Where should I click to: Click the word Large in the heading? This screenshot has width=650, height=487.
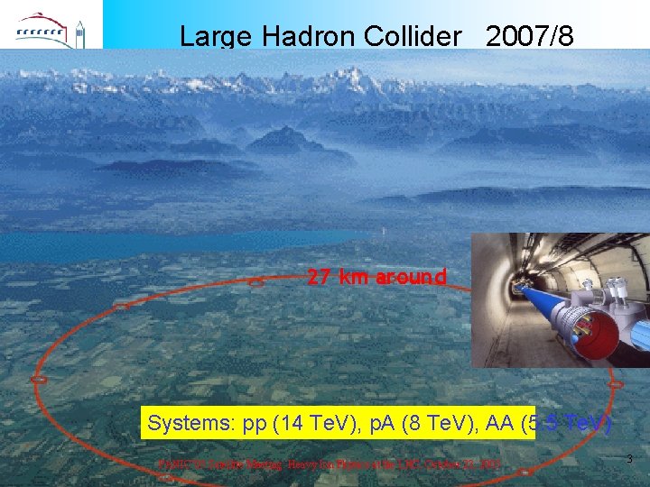[x=217, y=36]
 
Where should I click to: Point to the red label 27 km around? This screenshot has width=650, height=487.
[x=376, y=277]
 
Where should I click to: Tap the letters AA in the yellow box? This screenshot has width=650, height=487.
[x=497, y=423]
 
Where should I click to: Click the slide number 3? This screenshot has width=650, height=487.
[x=629, y=460]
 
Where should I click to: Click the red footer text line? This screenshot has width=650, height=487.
[x=330, y=464]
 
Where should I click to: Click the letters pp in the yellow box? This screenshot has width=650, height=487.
[x=257, y=423]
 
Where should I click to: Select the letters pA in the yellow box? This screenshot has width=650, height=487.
[x=380, y=423]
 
